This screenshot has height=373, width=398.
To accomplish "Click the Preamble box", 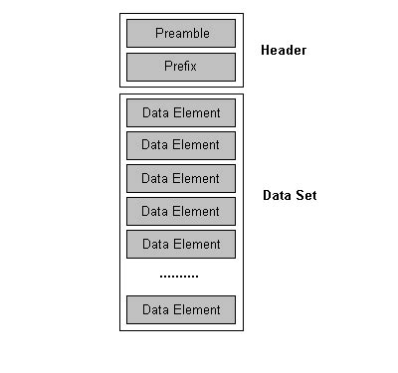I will coord(180,33).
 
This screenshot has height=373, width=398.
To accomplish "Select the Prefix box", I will coord(180,67).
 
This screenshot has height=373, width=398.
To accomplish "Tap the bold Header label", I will coord(284,50).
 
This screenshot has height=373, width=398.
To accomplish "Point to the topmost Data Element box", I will coord(180,111).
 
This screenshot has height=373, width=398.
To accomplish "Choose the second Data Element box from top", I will coord(180,145).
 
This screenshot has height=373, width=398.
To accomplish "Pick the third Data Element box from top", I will coord(180,178).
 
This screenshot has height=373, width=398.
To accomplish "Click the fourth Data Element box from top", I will coord(180,211).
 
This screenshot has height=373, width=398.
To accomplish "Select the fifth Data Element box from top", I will coord(180,244).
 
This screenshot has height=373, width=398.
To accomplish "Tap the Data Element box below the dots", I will coord(180,309).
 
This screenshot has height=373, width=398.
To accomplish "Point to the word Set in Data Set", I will coord(306,195).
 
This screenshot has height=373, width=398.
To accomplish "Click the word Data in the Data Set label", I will coord(278,195).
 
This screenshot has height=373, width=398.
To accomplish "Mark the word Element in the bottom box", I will coord(197,309).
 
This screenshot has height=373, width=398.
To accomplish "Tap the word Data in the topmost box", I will coord(155,111).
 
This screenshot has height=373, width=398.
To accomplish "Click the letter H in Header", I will coord(266,50).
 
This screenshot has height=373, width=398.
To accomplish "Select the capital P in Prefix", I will coord(167,67).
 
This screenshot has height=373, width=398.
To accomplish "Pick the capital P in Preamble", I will coord(159,33).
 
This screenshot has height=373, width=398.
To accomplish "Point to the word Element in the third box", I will coord(197,178).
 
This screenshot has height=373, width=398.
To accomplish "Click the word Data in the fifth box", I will coord(155,244).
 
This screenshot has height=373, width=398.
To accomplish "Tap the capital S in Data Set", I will coord(299,195).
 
